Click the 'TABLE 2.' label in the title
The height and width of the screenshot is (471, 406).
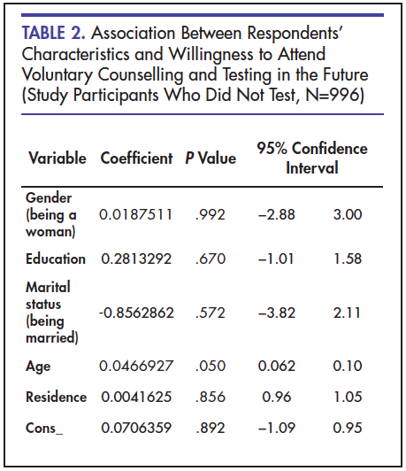pyautogui.click(x=53, y=33)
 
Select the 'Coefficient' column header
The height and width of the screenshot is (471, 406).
pyautogui.click(x=136, y=158)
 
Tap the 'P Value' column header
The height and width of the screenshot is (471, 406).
pyautogui.click(x=211, y=158)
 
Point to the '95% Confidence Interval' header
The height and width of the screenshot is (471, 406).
pyautogui.click(x=312, y=158)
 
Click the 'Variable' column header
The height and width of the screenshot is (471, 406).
pyautogui.click(x=57, y=158)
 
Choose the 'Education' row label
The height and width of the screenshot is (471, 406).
pyautogui.click(x=56, y=259)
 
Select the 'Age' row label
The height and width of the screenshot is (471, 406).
pyautogui.click(x=38, y=367)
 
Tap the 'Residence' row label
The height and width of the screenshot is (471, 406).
pyautogui.click(x=57, y=397)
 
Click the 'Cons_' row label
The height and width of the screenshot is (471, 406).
pyautogui.click(x=44, y=428)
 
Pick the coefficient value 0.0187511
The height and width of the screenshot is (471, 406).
pyautogui.click(x=135, y=214)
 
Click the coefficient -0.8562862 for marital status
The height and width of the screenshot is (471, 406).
pyautogui.click(x=136, y=313)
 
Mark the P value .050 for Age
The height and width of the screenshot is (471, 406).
pyautogui.click(x=211, y=366)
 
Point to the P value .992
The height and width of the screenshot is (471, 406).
pyautogui.click(x=210, y=214)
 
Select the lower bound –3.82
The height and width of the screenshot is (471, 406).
pyautogui.click(x=277, y=313)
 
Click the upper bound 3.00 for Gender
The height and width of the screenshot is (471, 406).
pyautogui.click(x=348, y=214)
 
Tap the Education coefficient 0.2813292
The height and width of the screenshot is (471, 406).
pyautogui.click(x=136, y=259)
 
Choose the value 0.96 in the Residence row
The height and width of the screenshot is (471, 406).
pyautogui.click(x=277, y=397)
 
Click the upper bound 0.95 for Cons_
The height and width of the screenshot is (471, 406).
pyautogui.click(x=348, y=428)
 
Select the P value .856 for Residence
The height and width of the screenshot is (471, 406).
pyautogui.click(x=211, y=397)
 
